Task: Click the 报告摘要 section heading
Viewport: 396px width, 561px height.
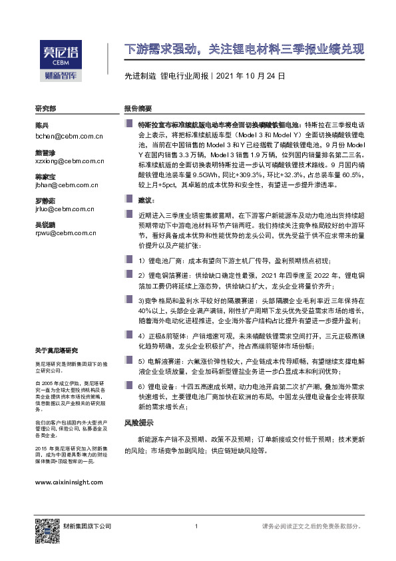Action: coord(138,109)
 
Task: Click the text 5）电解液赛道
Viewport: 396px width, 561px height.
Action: coord(160,360)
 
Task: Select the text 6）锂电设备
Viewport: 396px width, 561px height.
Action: coord(157,386)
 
